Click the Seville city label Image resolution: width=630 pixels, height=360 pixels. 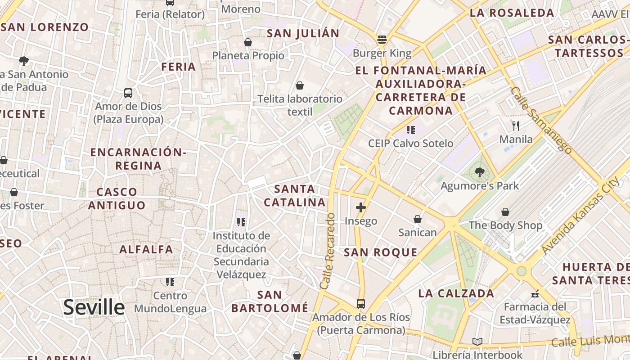pos(94,307)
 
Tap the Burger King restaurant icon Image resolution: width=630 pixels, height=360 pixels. pos(382,40)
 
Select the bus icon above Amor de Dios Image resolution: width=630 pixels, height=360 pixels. pos(128,93)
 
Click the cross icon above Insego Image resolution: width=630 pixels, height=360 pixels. pos(360,207)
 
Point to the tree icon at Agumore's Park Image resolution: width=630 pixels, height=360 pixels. pos(479,172)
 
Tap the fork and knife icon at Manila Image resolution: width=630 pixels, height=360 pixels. pos(516,126)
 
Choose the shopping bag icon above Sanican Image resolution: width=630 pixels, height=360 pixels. pos(418,219)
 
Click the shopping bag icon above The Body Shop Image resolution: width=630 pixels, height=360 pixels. pos(505,211)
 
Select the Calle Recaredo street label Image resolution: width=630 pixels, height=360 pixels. pos(328,251)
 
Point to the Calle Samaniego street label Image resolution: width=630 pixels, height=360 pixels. pos(541,120)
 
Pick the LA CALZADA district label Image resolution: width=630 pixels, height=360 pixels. pos(456,294)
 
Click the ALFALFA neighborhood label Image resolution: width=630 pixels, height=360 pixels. pos(146,249)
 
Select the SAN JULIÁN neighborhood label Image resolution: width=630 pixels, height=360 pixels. pos(303,33)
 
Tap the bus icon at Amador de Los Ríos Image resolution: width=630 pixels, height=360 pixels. pos(360,303)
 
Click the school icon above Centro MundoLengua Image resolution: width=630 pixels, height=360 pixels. pos(170,282)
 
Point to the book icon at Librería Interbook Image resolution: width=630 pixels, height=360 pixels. pos(477,342)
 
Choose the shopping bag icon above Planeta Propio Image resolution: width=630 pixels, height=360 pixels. pos(247,42)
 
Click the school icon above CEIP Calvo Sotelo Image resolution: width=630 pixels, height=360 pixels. pos(410,130)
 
